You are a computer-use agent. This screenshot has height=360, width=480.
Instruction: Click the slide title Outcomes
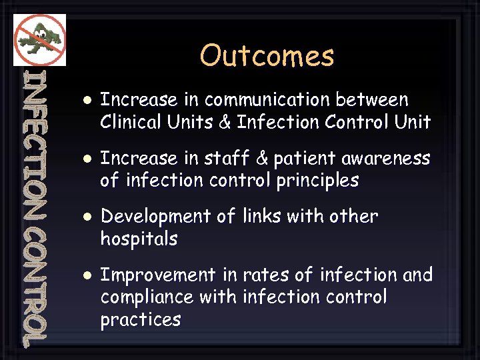point(267,56)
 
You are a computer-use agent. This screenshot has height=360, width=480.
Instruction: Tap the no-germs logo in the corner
point(39,39)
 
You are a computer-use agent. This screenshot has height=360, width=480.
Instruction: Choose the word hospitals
point(139,239)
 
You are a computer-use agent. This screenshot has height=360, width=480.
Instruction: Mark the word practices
point(140,320)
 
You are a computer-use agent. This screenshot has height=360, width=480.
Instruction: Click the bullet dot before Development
point(86,217)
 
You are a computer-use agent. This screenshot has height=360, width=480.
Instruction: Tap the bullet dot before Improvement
point(86,275)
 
